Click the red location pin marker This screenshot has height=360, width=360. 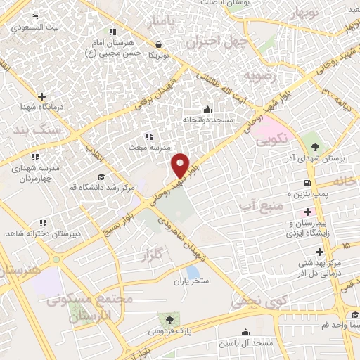[181, 165]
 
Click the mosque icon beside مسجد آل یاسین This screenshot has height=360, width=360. [245, 332]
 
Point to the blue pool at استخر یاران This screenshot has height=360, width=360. [192, 271]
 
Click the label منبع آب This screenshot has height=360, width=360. [261, 205]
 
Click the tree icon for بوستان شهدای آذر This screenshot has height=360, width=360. [315, 148]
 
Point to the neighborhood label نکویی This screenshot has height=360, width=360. [271, 139]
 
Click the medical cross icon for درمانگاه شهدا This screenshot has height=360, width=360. [41, 96]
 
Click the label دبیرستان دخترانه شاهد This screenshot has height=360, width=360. [49, 232]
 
